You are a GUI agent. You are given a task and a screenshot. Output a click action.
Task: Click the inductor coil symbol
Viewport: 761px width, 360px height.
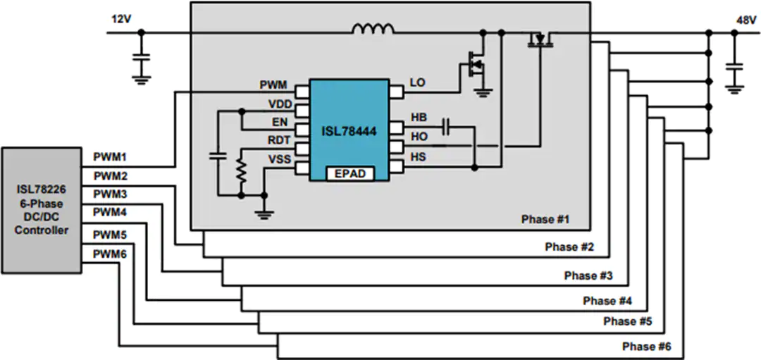[373, 29]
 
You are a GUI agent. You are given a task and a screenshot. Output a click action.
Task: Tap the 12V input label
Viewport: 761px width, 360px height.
[121, 20]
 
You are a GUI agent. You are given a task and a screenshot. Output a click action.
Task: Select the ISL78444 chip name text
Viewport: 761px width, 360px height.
[349, 131]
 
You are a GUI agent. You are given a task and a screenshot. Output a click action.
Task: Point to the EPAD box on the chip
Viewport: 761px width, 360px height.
[350, 173]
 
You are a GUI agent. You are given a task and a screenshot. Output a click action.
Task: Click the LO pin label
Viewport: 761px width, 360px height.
[417, 83]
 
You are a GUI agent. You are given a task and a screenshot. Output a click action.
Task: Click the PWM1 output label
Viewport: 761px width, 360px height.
[110, 158]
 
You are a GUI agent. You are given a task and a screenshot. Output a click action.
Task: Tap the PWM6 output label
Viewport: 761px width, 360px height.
[110, 253]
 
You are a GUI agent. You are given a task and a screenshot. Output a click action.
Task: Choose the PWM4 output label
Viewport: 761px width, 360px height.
[110, 212]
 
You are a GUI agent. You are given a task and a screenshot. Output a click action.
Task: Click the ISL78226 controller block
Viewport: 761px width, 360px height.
[42, 210]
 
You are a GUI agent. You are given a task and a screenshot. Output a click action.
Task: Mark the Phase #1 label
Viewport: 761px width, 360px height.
[545, 219]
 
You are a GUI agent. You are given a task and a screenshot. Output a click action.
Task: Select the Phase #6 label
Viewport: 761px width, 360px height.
[647, 347]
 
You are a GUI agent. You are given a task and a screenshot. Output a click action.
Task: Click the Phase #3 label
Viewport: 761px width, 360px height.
[588, 275]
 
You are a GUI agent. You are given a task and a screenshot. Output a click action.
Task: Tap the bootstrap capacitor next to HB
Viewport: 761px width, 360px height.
[447, 128]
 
